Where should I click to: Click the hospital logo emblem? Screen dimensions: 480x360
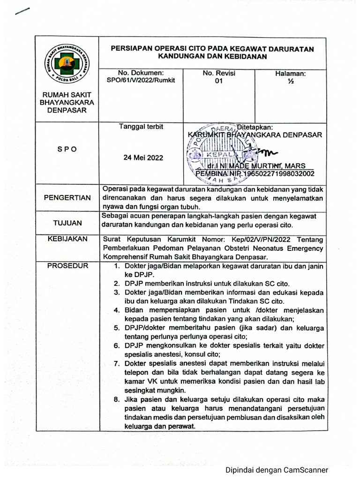tap(67, 64)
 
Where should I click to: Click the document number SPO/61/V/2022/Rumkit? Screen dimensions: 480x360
tap(141, 81)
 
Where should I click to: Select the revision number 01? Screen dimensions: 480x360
tap(218, 81)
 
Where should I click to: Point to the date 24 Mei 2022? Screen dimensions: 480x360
tap(143, 158)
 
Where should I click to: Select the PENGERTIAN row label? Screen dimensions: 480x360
tap(67, 197)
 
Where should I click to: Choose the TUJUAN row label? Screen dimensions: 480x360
tap(67, 223)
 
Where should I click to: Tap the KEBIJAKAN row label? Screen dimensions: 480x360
tap(67, 239)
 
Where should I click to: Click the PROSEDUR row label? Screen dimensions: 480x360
tap(67, 266)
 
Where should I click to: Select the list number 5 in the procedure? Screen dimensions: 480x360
tap(117, 328)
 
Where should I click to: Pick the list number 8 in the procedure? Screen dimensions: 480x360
tap(117, 399)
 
